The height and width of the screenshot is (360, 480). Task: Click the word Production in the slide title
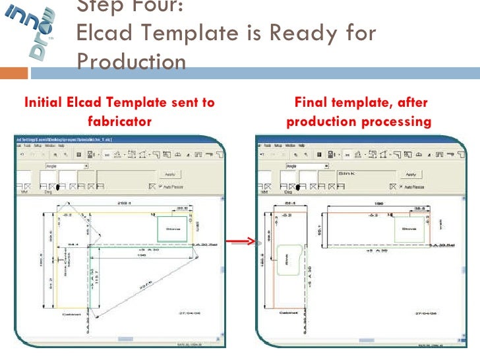[x=132, y=61]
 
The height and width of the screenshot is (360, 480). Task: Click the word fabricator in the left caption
[x=119, y=121]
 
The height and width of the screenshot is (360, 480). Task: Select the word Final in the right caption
[x=310, y=103]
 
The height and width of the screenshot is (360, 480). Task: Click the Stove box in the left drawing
[x=173, y=229]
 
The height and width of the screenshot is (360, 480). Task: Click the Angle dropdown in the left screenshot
[x=66, y=165]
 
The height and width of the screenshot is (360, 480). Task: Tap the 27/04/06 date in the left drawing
[x=189, y=313]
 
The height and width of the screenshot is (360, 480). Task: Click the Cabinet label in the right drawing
[x=288, y=313]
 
